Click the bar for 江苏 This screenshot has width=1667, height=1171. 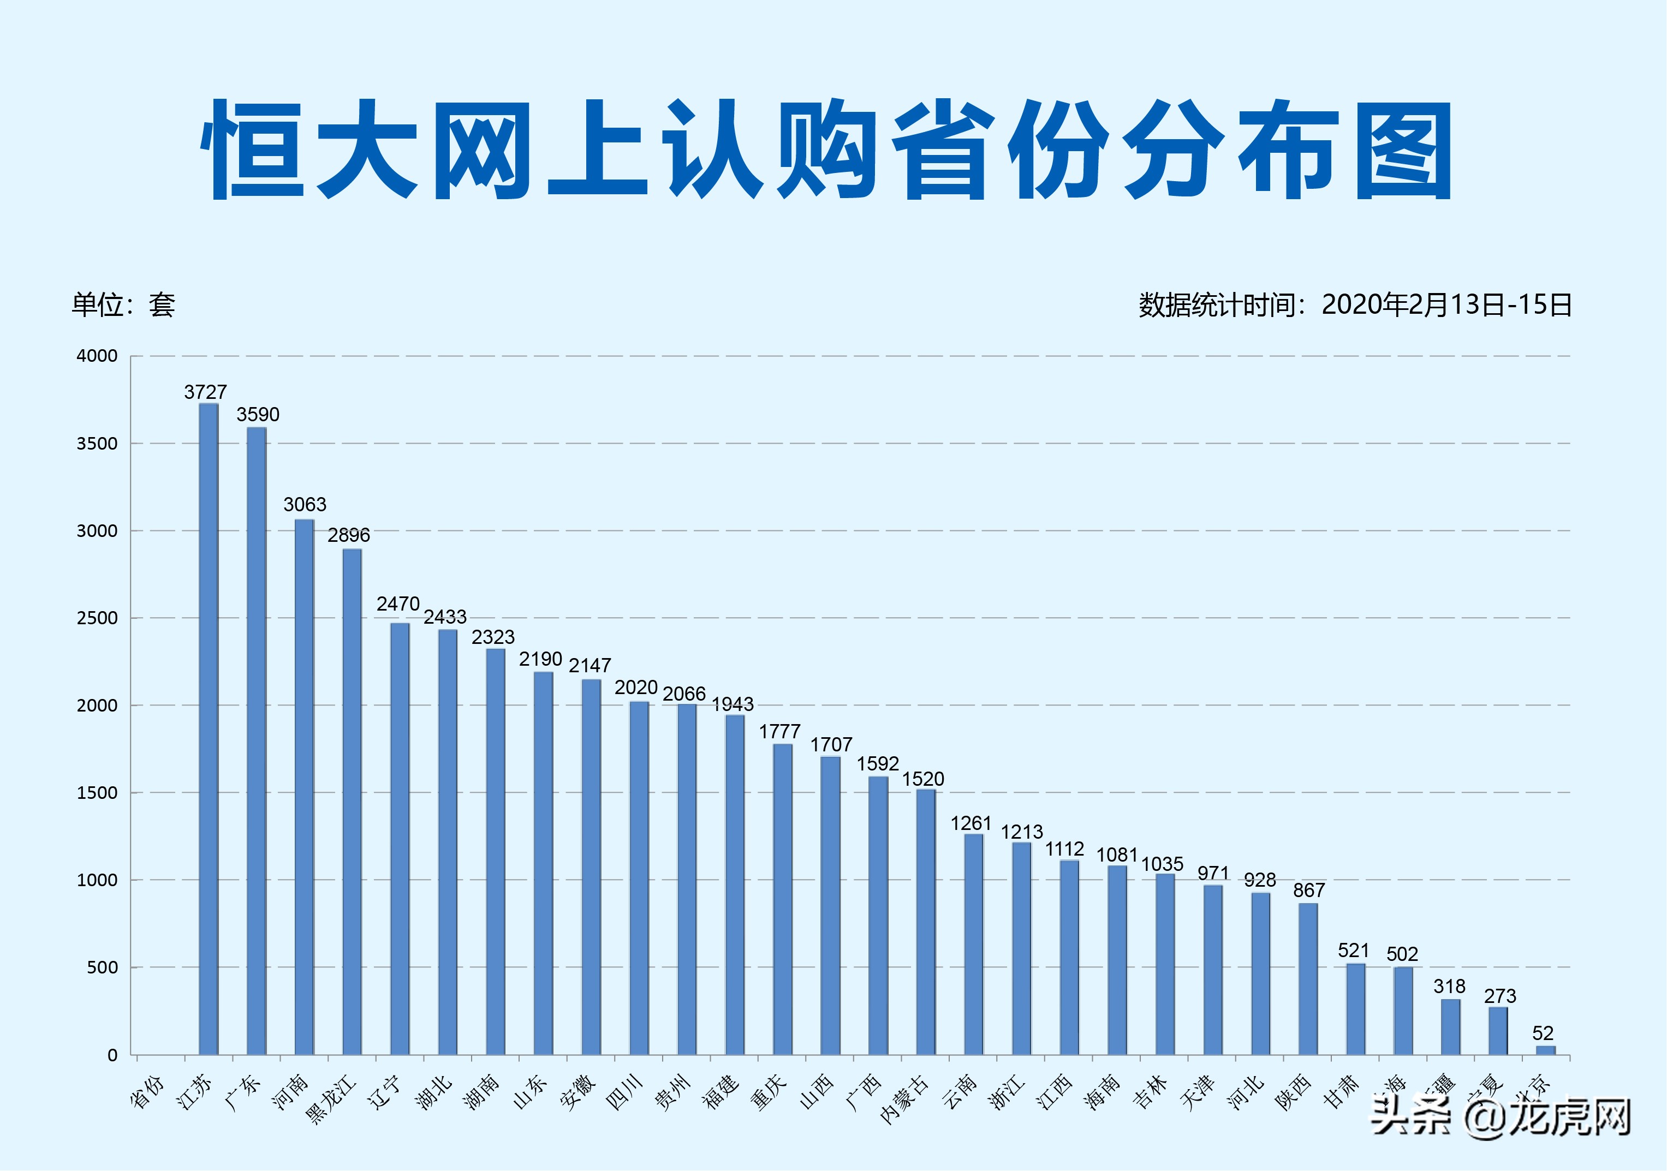pos(209,729)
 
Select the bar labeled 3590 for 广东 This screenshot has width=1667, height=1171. pos(257,740)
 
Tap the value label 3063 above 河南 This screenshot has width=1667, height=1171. pos(305,505)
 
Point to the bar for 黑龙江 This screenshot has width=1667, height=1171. pos(352,802)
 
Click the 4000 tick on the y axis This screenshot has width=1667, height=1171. pos(97,356)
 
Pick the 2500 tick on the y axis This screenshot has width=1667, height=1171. pos(97,619)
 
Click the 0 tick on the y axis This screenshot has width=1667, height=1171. pos(112,1055)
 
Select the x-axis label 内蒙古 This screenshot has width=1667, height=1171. pos(903,1099)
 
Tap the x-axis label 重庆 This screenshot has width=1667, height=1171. pos(768,1092)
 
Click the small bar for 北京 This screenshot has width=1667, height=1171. pos(1546,1050)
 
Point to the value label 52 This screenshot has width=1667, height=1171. pos(1543,1033)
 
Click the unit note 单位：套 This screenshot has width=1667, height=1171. pos(123,305)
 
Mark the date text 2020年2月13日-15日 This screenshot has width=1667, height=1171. pos(1446,305)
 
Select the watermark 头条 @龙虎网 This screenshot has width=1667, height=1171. pos(1500,1116)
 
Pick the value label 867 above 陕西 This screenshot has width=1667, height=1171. pos(1309,890)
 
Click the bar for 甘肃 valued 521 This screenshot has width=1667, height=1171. pos(1355,1009)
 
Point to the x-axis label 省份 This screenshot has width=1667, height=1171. pos(147,1092)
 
